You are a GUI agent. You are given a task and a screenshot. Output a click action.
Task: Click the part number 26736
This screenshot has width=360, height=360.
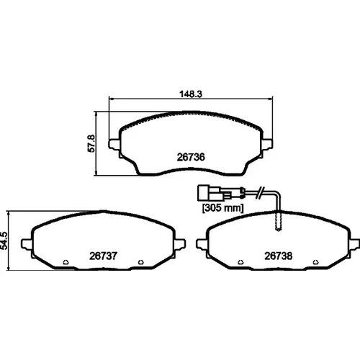(x=191, y=157)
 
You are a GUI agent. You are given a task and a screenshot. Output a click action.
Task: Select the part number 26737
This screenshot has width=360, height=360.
(x=103, y=256)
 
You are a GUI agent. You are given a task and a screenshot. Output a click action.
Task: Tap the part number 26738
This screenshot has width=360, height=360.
(x=279, y=256)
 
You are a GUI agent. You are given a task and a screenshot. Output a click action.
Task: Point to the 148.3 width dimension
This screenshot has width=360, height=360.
(x=191, y=94)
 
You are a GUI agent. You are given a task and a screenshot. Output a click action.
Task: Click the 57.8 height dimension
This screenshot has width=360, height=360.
(x=91, y=143)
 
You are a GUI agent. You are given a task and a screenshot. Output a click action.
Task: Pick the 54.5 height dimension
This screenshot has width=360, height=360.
(x=4, y=240)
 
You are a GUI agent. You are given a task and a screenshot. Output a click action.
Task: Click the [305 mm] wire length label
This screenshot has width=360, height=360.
(x=223, y=207)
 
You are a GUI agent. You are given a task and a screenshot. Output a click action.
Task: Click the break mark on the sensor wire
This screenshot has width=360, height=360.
(x=260, y=192)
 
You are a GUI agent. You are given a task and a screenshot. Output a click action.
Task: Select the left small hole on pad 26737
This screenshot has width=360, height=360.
(x=66, y=262)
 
